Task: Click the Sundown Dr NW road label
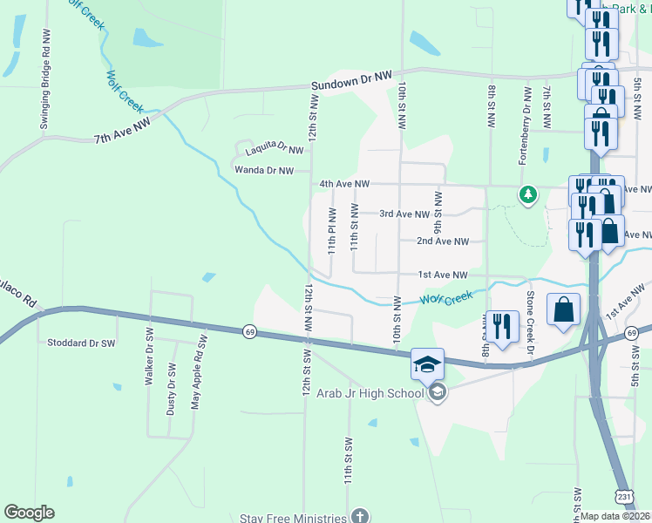pos(352,84)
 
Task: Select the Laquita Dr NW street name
pos(273,149)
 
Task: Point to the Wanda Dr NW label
pos(262,171)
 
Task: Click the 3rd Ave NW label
pos(404,214)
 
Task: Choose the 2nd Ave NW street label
pos(443,241)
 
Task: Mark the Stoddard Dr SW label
pos(81,343)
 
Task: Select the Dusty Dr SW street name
pos(171,389)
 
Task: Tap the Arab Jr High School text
pos(377,393)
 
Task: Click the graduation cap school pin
pos(428,364)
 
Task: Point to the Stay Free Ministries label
pos(293,518)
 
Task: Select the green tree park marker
pos(527,194)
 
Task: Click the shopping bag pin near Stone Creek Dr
pos(563,309)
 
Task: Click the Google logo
pos(29,513)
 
